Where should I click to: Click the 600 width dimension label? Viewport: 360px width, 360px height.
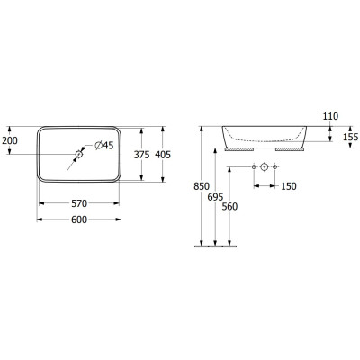coord(79,220)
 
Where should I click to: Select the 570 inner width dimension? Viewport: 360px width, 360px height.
coord(79,203)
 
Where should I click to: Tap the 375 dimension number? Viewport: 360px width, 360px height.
coord(141,155)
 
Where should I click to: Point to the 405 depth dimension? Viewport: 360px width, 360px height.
coord(163,155)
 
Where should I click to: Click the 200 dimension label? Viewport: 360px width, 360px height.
coord(10,140)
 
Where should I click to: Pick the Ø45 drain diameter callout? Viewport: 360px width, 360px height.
coord(104,146)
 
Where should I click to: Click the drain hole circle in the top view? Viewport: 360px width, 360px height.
coord(79,155)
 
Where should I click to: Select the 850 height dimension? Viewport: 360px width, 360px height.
coord(202,186)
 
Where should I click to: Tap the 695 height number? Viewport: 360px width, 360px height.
coord(215,197)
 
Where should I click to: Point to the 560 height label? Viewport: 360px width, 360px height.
coord(229,207)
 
